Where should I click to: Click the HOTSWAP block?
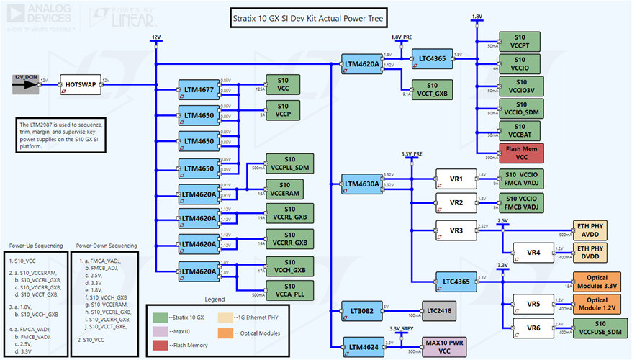[x=80, y=84]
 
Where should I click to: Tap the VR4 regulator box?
[x=533, y=253]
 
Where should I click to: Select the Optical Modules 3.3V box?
[x=597, y=281]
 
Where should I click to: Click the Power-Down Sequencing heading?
[x=106, y=245]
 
